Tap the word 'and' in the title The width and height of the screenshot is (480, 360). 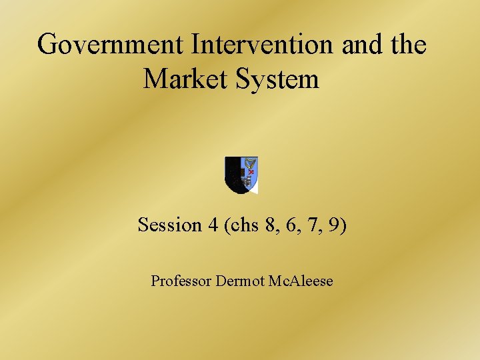[359, 45]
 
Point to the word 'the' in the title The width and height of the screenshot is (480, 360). [407, 45]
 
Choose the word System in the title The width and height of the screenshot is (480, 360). [279, 79]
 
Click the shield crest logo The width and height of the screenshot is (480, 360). [241, 175]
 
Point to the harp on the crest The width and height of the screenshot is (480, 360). [250, 165]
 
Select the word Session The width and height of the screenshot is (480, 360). [169, 225]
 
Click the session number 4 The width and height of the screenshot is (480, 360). [213, 225]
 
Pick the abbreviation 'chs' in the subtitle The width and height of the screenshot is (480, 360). [243, 225]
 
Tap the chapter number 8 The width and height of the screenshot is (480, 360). [269, 225]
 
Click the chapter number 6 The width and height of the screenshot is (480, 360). [291, 225]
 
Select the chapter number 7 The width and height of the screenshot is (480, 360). [313, 225]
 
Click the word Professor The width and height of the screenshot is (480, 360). [180, 281]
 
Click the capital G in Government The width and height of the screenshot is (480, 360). [47, 45]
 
